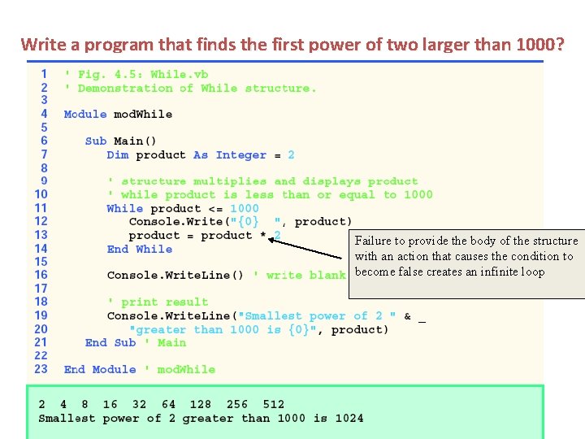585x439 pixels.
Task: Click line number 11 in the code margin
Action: (41, 207)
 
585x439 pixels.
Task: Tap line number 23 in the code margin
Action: (41, 369)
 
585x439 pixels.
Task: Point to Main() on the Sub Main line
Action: (135, 141)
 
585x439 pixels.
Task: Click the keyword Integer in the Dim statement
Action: (241, 154)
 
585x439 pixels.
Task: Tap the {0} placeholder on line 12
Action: (245, 221)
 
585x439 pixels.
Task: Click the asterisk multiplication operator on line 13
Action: (263, 235)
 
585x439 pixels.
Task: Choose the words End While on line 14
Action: (139, 249)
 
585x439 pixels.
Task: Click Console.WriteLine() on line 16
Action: (175, 275)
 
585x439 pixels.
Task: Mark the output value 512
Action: (274, 404)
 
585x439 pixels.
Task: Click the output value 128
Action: (200, 404)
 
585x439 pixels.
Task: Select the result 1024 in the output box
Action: (349, 418)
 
